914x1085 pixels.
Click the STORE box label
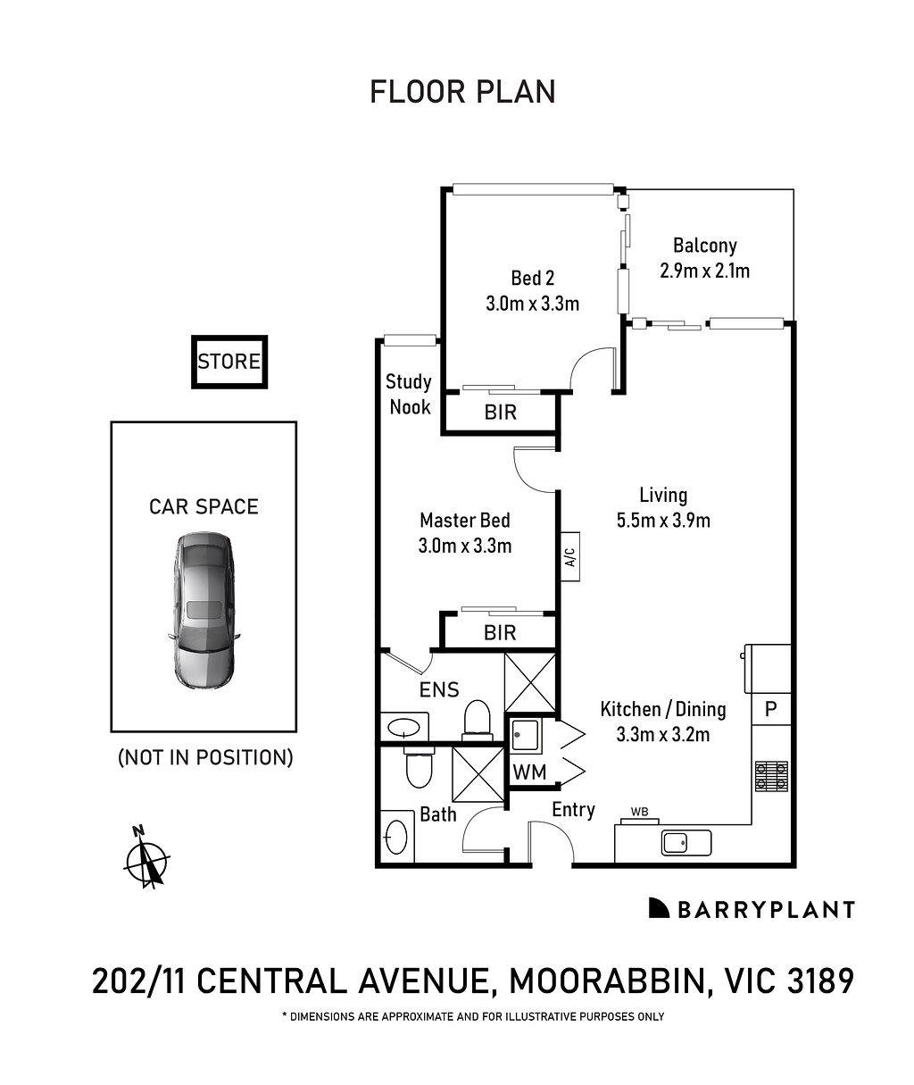click(x=229, y=362)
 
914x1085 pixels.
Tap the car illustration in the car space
click(x=204, y=611)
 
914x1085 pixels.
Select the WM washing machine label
click(x=528, y=772)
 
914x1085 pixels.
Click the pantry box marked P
click(x=770, y=710)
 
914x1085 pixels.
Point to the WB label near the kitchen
click(x=639, y=812)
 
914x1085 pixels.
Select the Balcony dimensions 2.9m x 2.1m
click(x=704, y=271)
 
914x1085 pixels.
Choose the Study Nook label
click(x=408, y=394)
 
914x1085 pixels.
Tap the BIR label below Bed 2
click(x=500, y=413)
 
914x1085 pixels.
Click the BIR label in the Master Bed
click(x=500, y=633)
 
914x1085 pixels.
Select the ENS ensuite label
click(x=439, y=689)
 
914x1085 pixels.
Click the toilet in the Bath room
click(x=417, y=768)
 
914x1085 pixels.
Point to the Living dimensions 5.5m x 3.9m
click(x=663, y=520)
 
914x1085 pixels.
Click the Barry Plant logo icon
click(x=659, y=908)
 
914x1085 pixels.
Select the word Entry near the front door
click(x=573, y=809)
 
